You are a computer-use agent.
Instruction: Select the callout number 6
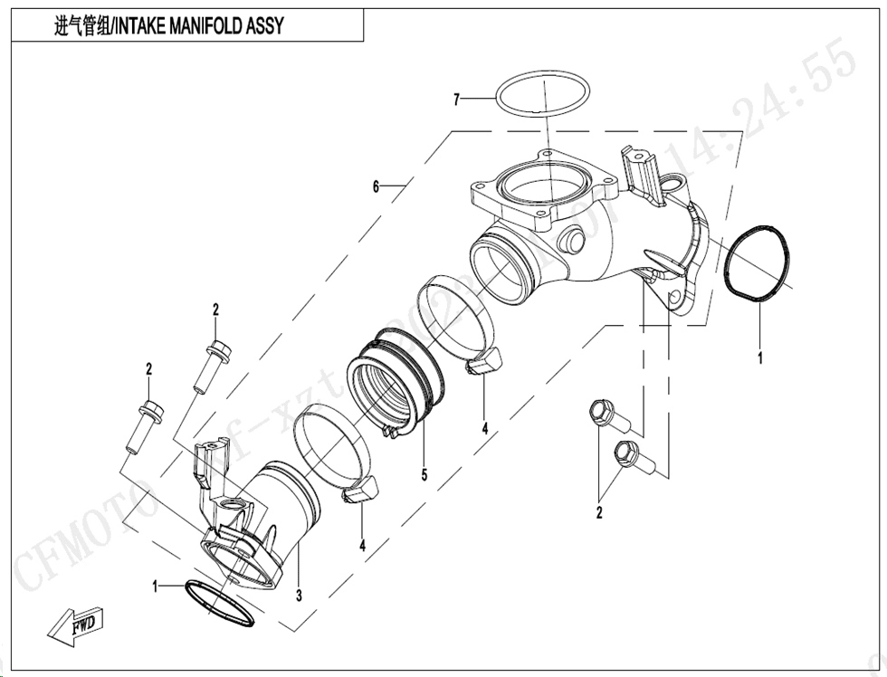376,186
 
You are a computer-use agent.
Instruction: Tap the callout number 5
423,473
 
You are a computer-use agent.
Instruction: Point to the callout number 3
298,595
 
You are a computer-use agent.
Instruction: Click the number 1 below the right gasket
759,358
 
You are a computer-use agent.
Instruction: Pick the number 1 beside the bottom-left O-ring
156,586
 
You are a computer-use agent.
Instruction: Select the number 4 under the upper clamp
485,427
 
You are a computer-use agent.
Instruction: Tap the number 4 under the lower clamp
362,546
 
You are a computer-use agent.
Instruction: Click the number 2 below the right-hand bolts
599,513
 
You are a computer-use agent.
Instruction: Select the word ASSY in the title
263,26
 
